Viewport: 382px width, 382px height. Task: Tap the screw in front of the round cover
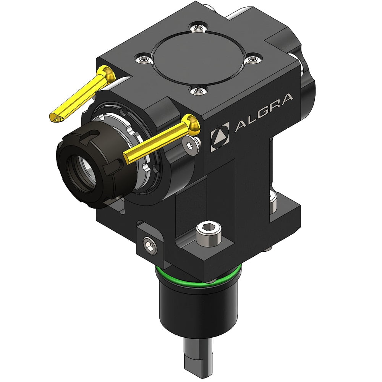pyautogui.click(x=197, y=90)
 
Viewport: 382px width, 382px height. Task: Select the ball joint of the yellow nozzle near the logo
pyautogui.click(x=193, y=123)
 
